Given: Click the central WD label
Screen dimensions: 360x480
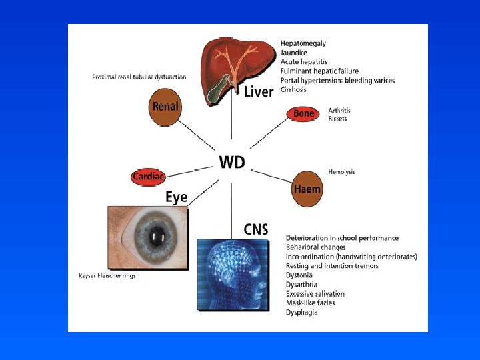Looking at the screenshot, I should click(x=232, y=162).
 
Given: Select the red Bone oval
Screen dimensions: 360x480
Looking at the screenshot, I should click(x=303, y=114).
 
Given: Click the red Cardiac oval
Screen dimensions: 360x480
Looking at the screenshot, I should click(x=148, y=177).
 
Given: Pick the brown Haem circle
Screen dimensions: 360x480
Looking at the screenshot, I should click(x=307, y=189).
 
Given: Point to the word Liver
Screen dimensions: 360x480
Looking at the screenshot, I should click(x=259, y=91).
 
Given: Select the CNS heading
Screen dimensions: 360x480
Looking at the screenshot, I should click(x=255, y=230).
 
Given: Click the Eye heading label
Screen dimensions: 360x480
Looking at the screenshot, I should click(x=177, y=197).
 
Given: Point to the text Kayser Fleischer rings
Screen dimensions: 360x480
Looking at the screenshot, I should click(x=107, y=275).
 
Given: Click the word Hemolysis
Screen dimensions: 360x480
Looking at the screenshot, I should click(x=341, y=171).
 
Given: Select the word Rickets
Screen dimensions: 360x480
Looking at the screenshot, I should click(x=337, y=119).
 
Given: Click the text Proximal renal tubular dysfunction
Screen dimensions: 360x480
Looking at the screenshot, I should click(x=139, y=77).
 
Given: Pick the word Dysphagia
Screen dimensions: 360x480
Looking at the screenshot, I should click(x=301, y=312).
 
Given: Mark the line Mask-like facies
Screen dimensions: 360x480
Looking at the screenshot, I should click(x=310, y=303).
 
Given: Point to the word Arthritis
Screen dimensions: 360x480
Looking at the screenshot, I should click(x=339, y=109).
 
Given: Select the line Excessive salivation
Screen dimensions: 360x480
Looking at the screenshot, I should click(x=315, y=293).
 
